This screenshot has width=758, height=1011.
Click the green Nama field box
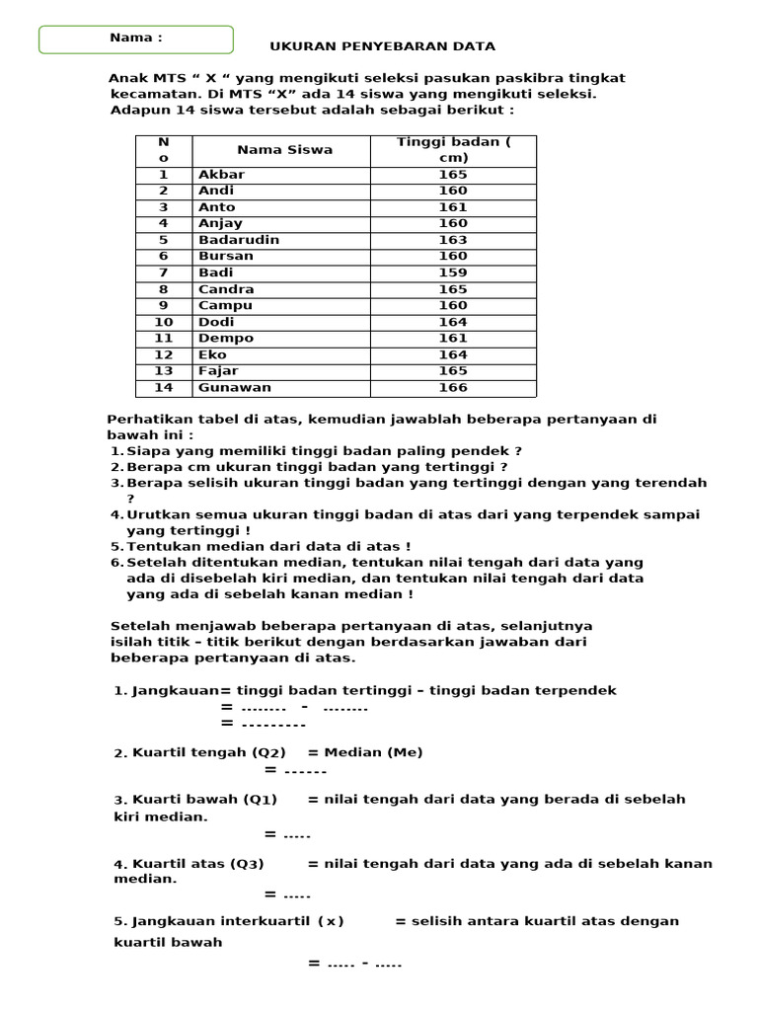136,39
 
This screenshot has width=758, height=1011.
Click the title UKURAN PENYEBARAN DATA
383,46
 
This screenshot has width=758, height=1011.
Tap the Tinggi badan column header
453,150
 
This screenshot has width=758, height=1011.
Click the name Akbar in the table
221,175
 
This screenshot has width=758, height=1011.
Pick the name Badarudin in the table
239,240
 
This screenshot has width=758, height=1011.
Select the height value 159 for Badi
453,272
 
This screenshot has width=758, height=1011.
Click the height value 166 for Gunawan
453,388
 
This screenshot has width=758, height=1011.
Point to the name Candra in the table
226,289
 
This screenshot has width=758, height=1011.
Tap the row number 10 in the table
163,322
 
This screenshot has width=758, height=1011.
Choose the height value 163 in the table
453,240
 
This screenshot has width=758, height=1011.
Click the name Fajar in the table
218,371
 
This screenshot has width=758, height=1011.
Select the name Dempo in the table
226,338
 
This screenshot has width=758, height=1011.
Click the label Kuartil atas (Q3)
198,864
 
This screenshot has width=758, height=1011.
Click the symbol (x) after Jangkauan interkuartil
331,921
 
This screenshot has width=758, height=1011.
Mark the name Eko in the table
212,354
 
